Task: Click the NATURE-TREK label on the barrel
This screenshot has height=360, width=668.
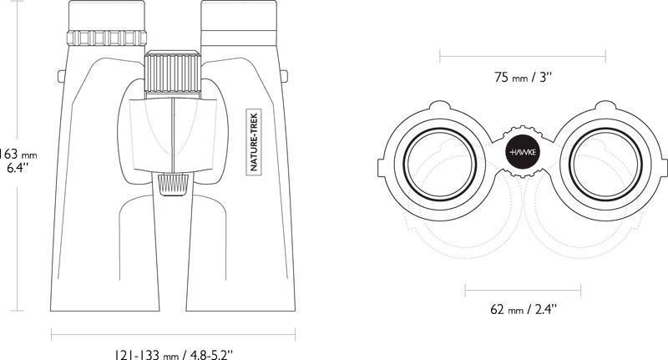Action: tap(254, 141)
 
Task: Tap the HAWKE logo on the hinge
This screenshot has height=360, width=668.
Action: tap(524, 152)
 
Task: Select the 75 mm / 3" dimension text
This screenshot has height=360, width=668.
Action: tap(524, 78)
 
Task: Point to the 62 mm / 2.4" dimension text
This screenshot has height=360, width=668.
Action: tap(524, 309)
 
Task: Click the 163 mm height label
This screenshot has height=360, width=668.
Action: tap(18, 154)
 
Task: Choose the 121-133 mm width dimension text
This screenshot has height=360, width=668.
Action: tap(174, 354)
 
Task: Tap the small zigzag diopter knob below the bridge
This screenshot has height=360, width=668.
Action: tap(174, 185)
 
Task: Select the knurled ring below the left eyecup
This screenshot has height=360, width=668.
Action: tap(107, 38)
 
